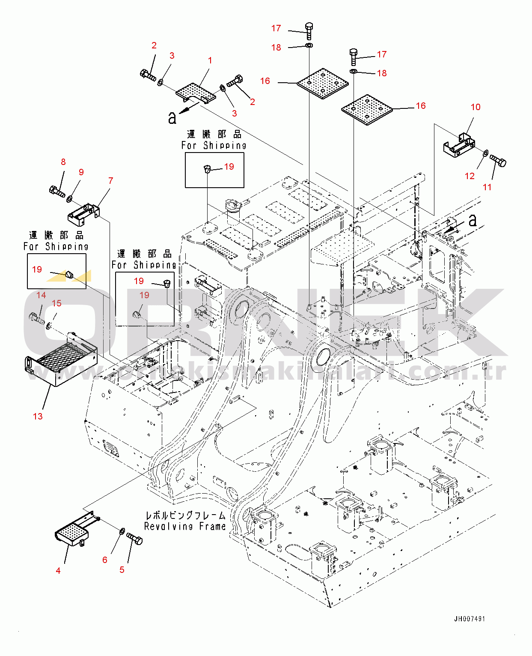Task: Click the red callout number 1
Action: point(210,60)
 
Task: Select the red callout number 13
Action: point(38,416)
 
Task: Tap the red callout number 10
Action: point(476,107)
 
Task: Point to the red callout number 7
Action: point(111,181)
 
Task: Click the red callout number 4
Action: point(58,570)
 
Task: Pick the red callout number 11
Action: point(487,187)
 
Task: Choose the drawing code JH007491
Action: point(470,619)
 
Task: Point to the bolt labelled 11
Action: point(498,162)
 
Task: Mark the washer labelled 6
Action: point(122,531)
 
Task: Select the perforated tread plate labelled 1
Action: point(195,92)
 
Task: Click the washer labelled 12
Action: point(485,153)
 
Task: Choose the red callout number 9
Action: point(81,172)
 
